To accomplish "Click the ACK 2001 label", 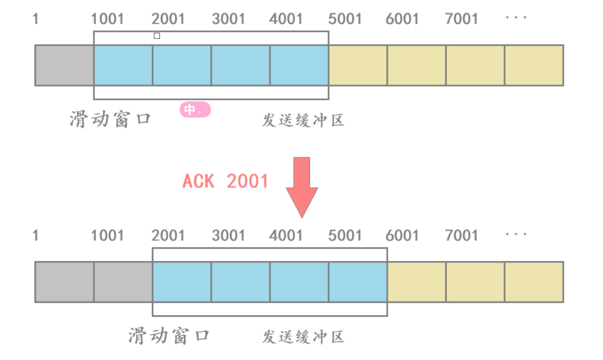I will pyautogui.click(x=226, y=181).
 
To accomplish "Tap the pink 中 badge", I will pyautogui.click(x=195, y=110).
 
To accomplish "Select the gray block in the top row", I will pyautogui.click(x=65, y=65).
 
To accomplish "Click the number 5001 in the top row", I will pyautogui.click(x=345, y=19).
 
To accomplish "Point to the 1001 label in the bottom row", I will pyautogui.click(x=107, y=235).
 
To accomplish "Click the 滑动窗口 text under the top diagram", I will pyautogui.click(x=111, y=120).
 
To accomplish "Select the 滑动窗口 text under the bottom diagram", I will pyautogui.click(x=169, y=336).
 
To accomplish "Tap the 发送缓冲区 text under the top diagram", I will pyautogui.click(x=303, y=120).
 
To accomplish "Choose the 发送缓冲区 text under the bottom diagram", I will pyautogui.click(x=303, y=337).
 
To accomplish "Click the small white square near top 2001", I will pyautogui.click(x=157, y=36).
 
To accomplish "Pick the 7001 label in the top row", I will pyautogui.click(x=462, y=19).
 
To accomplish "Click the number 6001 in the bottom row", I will pyautogui.click(x=402, y=235).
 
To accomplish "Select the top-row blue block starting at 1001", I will pyautogui.click(x=123, y=65).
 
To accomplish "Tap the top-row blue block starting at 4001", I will pyautogui.click(x=299, y=65).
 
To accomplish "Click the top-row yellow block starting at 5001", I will pyautogui.click(x=358, y=65).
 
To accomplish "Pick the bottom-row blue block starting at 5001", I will pyautogui.click(x=358, y=282).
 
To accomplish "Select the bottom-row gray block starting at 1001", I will pyautogui.click(x=123, y=282).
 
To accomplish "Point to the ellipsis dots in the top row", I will pyautogui.click(x=516, y=18).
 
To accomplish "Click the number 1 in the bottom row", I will pyautogui.click(x=35, y=235).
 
